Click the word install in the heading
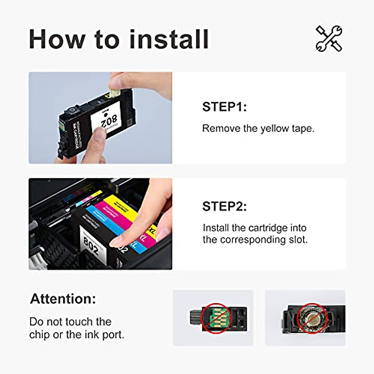(169, 39)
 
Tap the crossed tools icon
(329, 39)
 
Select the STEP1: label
(224, 107)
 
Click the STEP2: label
(224, 206)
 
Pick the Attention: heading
(63, 299)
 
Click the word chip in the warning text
(40, 335)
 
